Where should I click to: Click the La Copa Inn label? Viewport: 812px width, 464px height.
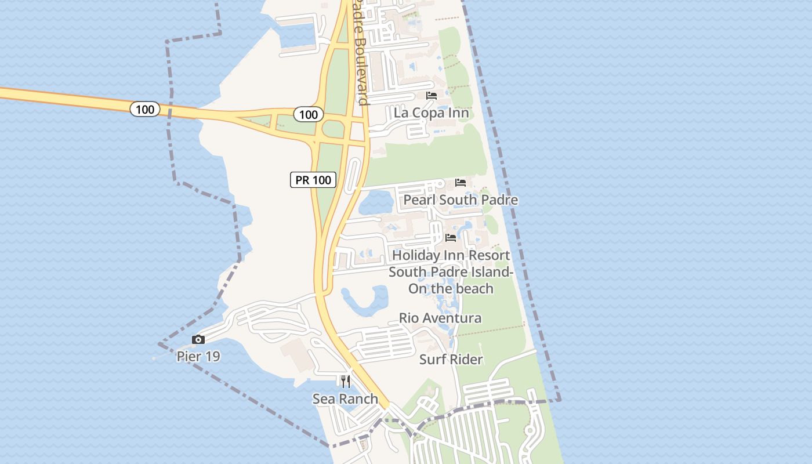click(431, 113)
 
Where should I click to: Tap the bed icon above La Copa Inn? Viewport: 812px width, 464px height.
click(431, 96)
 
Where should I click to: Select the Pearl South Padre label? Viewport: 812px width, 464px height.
click(461, 200)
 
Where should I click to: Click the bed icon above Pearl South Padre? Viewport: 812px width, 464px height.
click(461, 183)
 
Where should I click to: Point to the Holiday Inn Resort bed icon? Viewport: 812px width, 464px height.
click(451, 238)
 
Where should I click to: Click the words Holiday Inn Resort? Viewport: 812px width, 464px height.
click(451, 255)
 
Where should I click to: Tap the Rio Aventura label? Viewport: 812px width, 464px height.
click(440, 318)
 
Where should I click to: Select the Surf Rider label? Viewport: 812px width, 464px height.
click(451, 360)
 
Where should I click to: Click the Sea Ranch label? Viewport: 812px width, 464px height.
click(345, 399)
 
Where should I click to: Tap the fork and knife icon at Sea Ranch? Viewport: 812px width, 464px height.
click(345, 381)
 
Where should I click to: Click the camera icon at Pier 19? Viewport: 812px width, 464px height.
click(198, 340)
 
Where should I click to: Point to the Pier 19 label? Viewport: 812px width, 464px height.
click(198, 356)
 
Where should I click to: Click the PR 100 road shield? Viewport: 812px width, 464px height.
click(313, 180)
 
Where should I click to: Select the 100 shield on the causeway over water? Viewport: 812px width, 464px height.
click(144, 109)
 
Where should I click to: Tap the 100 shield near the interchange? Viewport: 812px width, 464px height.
click(308, 114)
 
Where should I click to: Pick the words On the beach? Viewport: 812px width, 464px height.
click(451, 288)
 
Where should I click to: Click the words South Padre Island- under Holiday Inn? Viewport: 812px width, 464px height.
click(451, 272)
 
